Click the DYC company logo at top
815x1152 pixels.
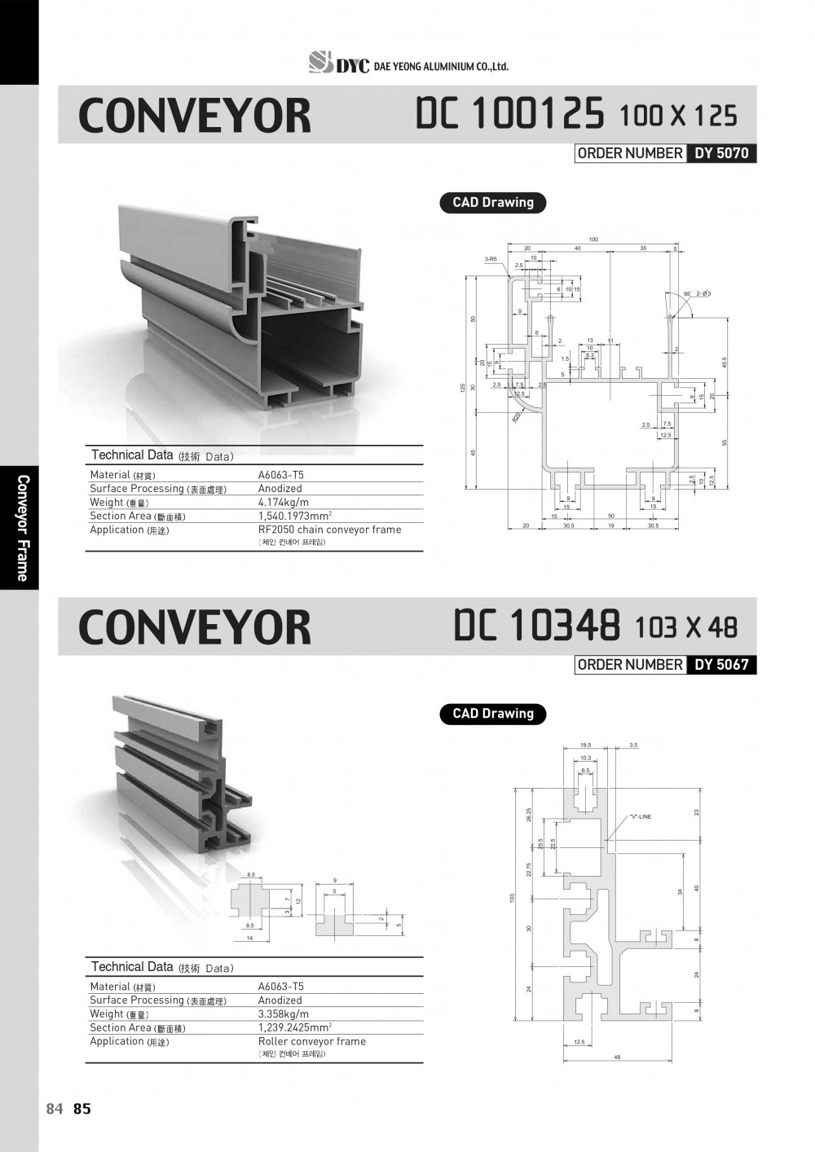click(x=339, y=63)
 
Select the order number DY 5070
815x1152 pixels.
click(x=721, y=153)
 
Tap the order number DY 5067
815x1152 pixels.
click(x=721, y=665)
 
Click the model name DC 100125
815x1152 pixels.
click(x=509, y=114)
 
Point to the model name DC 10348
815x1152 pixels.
click(x=537, y=626)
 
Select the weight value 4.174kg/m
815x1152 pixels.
click(x=284, y=503)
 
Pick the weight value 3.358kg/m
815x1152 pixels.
click(x=284, y=1014)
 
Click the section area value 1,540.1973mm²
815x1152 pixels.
click(x=294, y=516)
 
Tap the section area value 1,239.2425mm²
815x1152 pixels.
click(x=294, y=1027)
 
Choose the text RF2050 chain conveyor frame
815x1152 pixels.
click(x=329, y=530)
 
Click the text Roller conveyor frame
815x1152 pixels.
click(x=311, y=1041)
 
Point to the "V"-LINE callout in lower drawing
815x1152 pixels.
click(x=640, y=816)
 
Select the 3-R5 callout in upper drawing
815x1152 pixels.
click(x=491, y=258)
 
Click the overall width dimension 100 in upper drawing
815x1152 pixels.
click(x=593, y=240)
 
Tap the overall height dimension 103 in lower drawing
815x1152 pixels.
click(x=513, y=897)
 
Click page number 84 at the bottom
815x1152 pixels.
click(x=55, y=1109)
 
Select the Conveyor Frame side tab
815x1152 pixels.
click(x=22, y=527)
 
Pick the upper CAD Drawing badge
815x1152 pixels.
click(x=493, y=203)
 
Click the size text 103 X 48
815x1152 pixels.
click(x=685, y=627)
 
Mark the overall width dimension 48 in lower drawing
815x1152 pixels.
click(x=617, y=1057)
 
